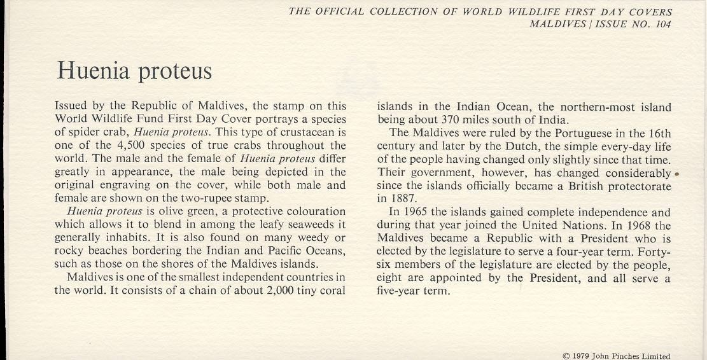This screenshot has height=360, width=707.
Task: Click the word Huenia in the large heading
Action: (x=94, y=70)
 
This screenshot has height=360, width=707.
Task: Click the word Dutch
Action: (x=508, y=146)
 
